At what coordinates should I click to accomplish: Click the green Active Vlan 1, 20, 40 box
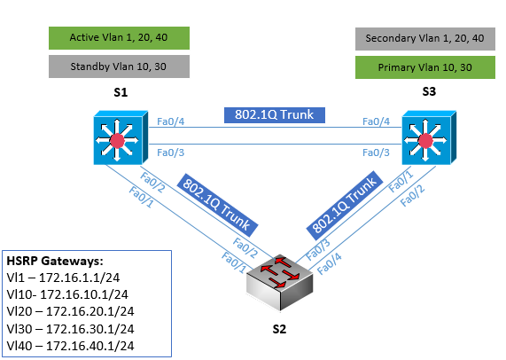point(119,38)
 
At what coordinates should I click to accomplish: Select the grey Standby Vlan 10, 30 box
point(119,67)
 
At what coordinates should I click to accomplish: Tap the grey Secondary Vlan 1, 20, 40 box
point(425,39)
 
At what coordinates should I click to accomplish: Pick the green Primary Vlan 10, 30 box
point(425,67)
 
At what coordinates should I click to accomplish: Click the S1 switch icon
point(121,137)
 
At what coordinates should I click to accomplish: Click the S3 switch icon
point(429,137)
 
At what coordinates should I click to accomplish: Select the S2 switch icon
point(279,282)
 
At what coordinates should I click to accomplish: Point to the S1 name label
point(121,93)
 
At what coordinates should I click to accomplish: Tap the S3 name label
point(429,91)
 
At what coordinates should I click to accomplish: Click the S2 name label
point(279,329)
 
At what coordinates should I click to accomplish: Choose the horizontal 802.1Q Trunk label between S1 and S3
point(275,115)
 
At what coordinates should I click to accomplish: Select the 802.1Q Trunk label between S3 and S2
point(345,206)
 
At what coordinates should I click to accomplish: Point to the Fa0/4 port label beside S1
point(170,121)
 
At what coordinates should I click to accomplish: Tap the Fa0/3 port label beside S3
point(376,153)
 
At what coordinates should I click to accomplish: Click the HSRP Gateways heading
point(55,261)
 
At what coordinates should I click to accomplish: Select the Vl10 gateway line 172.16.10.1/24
point(67,294)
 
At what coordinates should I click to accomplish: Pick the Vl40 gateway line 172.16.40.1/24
point(70,346)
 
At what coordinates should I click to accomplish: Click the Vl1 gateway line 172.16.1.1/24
point(63,278)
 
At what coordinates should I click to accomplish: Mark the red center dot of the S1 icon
point(117,140)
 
